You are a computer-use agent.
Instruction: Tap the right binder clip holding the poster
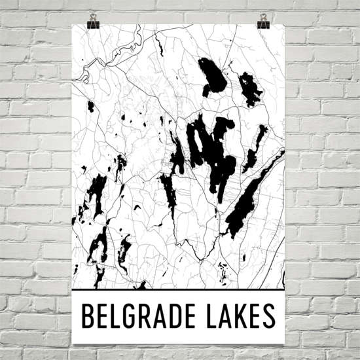click(264, 21)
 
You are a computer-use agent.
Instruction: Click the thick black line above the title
click(177, 289)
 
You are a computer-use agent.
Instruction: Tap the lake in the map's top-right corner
click(249, 88)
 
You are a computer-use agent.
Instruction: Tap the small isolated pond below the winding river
click(91, 106)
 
